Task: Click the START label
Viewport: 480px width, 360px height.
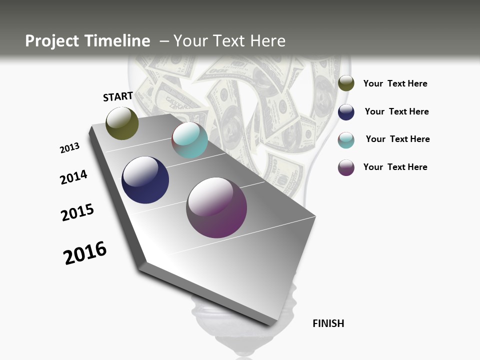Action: click(118, 96)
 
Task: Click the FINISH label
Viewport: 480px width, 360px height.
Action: click(328, 323)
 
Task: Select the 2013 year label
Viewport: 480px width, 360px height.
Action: click(69, 148)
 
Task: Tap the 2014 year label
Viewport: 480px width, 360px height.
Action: click(73, 177)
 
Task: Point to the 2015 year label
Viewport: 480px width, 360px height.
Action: click(77, 212)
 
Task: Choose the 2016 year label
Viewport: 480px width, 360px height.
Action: click(85, 253)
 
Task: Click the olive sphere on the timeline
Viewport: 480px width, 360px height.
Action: click(122, 123)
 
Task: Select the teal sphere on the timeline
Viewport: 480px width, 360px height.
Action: click(189, 140)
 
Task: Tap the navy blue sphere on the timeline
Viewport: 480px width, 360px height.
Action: click(145, 180)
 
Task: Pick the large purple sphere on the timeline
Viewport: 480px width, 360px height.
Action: click(216, 207)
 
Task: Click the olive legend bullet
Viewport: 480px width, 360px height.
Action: click(346, 83)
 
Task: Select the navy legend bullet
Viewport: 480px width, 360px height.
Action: click(346, 112)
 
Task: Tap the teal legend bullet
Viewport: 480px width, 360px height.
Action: click(346, 140)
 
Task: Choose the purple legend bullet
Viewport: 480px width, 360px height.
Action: click(346, 167)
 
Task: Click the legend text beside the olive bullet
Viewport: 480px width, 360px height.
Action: click(395, 83)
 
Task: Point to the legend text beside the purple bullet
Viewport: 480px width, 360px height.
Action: click(395, 167)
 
